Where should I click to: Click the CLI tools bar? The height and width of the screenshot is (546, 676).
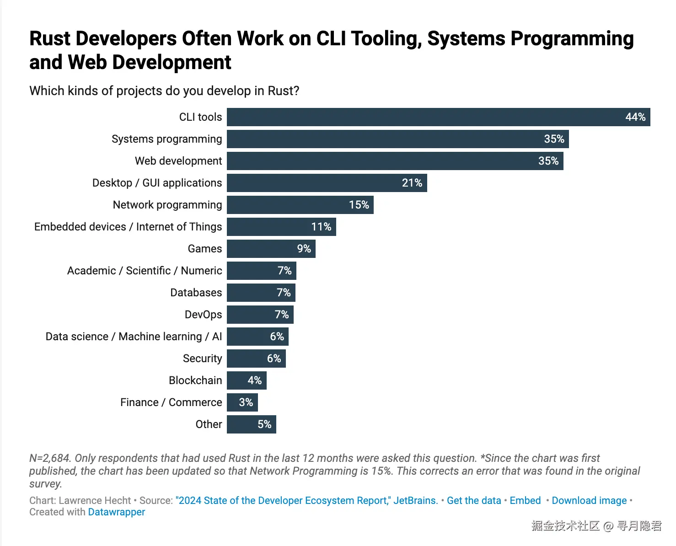[438, 117]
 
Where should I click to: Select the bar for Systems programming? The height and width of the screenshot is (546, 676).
[397, 139]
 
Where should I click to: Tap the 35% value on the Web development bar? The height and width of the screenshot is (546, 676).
[548, 161]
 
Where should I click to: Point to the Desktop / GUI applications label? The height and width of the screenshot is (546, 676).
[157, 183]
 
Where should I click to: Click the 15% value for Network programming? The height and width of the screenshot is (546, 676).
[359, 204]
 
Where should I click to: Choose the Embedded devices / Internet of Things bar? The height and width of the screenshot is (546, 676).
[281, 227]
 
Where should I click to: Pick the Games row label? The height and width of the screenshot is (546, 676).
[205, 249]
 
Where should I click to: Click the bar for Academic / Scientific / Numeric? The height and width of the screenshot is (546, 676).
[262, 271]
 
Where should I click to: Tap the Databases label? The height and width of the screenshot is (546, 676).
[196, 293]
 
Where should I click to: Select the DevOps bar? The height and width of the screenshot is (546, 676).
[260, 315]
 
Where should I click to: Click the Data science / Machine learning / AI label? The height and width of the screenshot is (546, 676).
[134, 337]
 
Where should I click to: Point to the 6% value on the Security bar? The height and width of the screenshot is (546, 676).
[274, 359]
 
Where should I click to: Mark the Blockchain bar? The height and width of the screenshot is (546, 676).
[247, 380]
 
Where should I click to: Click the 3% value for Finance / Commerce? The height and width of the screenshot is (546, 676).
[246, 402]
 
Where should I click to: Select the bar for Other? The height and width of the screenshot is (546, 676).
[252, 424]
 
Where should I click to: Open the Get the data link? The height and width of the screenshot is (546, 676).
[474, 500]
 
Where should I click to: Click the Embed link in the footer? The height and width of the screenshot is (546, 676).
[525, 500]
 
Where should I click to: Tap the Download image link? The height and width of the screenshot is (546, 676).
[590, 500]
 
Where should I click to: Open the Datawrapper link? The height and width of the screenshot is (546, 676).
[117, 512]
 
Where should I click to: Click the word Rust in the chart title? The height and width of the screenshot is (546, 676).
[50, 39]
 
